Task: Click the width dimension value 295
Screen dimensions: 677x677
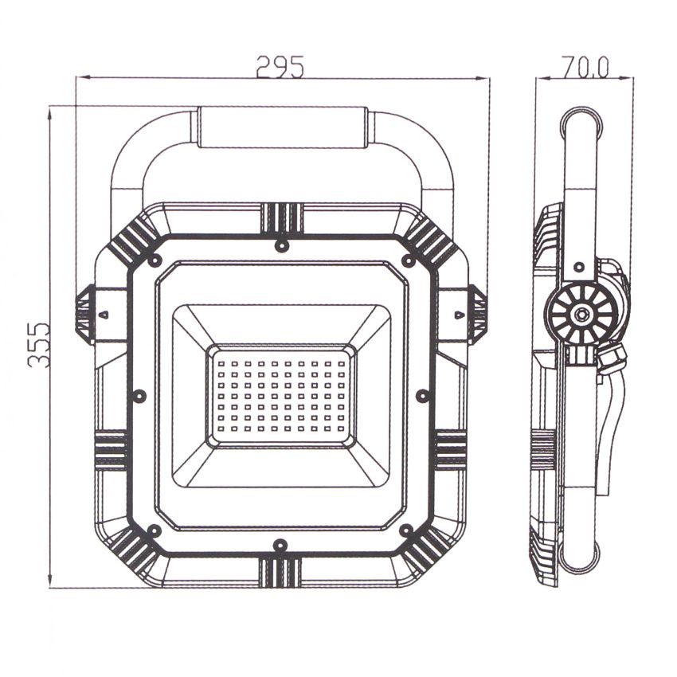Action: [280, 67]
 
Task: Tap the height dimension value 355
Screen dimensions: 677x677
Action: [38, 344]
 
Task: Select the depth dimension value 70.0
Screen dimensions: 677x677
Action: [585, 67]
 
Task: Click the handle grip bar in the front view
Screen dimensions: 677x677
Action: [282, 127]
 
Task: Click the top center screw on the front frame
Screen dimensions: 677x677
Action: [280, 245]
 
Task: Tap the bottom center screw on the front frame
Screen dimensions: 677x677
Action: [280, 546]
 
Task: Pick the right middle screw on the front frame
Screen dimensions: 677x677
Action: [423, 395]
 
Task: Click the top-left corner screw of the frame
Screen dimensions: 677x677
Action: [155, 261]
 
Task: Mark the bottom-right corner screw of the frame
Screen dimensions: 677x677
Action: [406, 530]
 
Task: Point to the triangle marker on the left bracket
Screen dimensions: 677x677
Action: [104, 315]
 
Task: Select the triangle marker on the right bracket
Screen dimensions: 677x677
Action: [459, 315]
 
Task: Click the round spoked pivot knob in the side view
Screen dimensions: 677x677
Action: [582, 314]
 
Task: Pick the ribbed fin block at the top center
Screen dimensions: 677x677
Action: [281, 217]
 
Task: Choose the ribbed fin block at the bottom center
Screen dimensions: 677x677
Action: [280, 571]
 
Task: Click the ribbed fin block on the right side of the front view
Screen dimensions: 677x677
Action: [451, 450]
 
